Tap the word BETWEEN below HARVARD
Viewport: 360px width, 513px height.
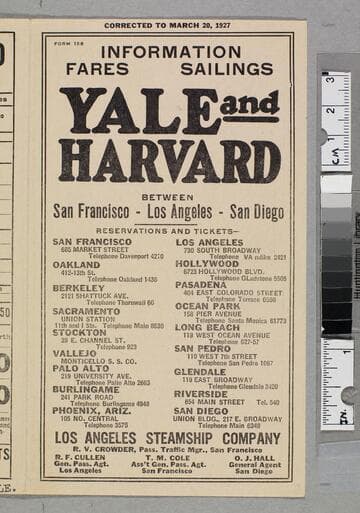pyautogui.click(x=168, y=197)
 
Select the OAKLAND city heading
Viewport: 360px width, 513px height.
pyautogui.click(x=77, y=265)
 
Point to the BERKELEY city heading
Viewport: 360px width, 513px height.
pyautogui.click(x=79, y=287)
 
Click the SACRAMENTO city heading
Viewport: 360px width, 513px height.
pyautogui.click(x=86, y=310)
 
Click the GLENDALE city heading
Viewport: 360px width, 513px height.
pyautogui.click(x=201, y=371)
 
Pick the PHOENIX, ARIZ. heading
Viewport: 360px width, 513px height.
pyautogui.click(x=89, y=410)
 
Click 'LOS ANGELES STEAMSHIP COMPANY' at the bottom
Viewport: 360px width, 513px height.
pyautogui.click(x=167, y=437)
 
